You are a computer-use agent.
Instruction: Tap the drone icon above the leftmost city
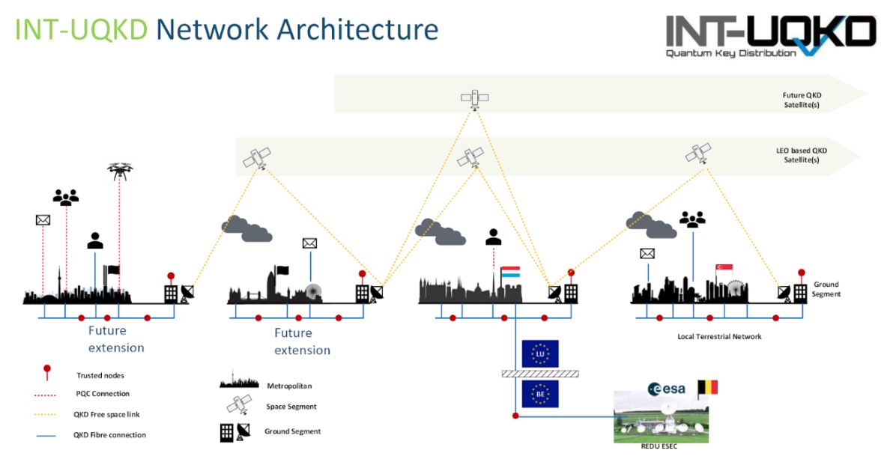click(x=119, y=171)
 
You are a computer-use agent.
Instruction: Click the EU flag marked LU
click(x=539, y=353)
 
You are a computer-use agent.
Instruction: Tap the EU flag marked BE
click(x=539, y=394)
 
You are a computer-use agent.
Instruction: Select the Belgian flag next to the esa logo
click(x=707, y=387)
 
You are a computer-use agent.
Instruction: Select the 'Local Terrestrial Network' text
click(x=719, y=337)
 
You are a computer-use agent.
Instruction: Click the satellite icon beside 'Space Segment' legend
click(x=238, y=407)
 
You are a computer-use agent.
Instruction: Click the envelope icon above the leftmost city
click(x=43, y=220)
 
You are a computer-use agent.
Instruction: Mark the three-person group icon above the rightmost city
click(x=691, y=219)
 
